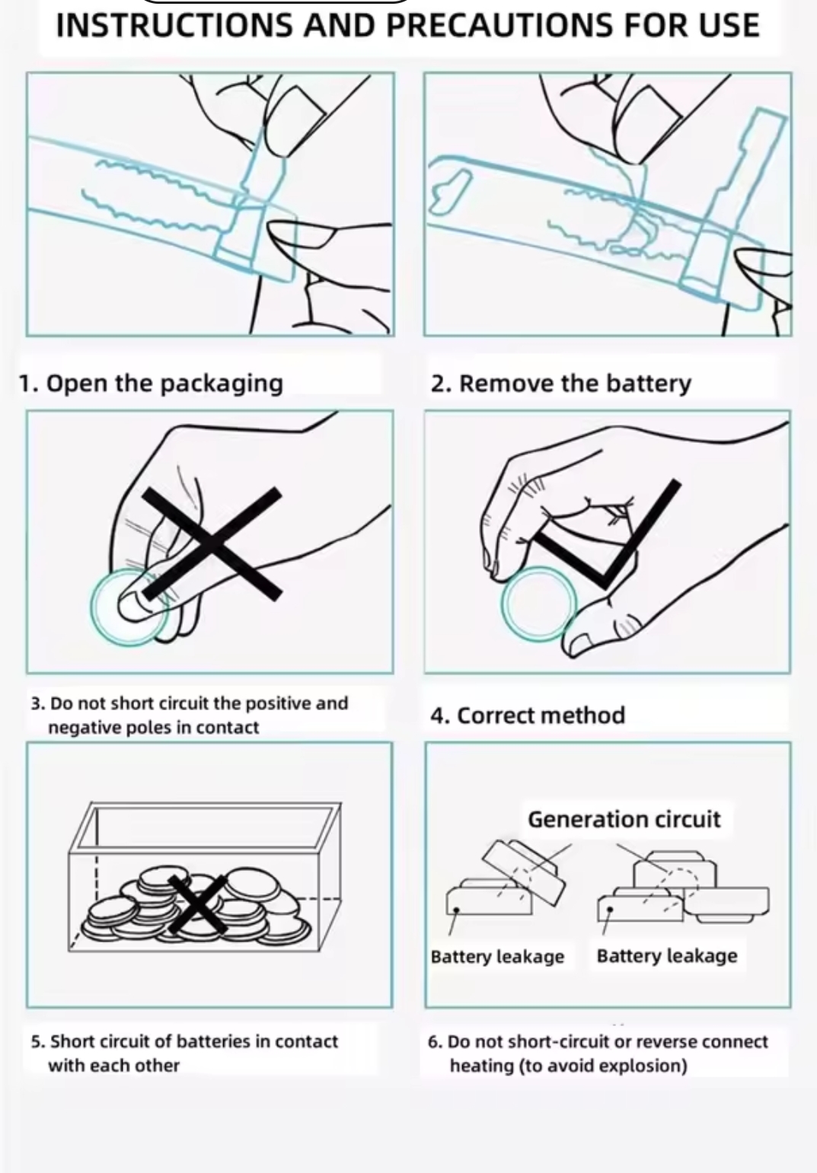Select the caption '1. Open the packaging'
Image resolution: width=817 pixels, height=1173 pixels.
pos(151,383)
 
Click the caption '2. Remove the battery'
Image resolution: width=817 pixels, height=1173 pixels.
pos(561,383)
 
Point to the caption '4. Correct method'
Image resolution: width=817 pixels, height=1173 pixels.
pos(528,716)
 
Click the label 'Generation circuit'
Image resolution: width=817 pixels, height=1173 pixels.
pos(624,819)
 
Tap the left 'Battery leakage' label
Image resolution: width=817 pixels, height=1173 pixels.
pos(497,957)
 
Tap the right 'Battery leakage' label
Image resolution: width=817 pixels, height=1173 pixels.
pos(667,956)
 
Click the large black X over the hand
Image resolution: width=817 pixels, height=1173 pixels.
pos(212,543)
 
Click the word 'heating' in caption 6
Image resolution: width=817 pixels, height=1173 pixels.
pos(481,1066)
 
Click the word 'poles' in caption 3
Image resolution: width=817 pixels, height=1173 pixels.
pos(148,728)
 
